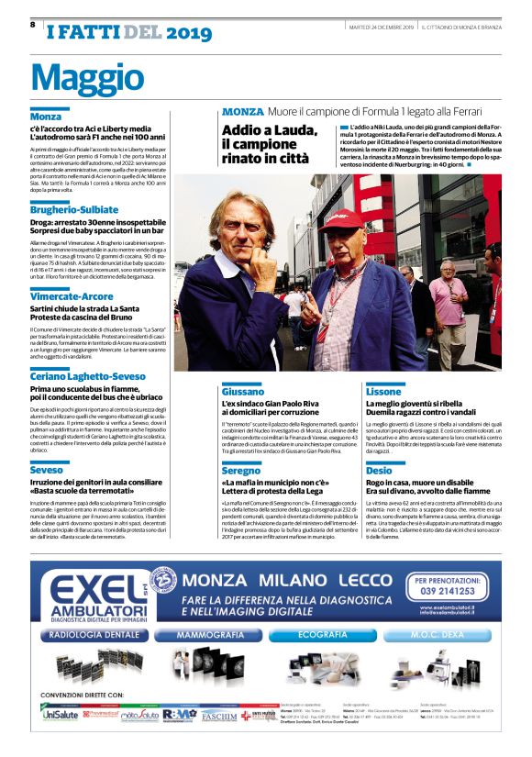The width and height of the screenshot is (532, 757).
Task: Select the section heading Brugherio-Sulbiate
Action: click(x=73, y=210)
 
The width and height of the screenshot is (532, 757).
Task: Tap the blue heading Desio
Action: click(x=380, y=470)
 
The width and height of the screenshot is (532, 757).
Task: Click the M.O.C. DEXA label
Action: click(x=442, y=634)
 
